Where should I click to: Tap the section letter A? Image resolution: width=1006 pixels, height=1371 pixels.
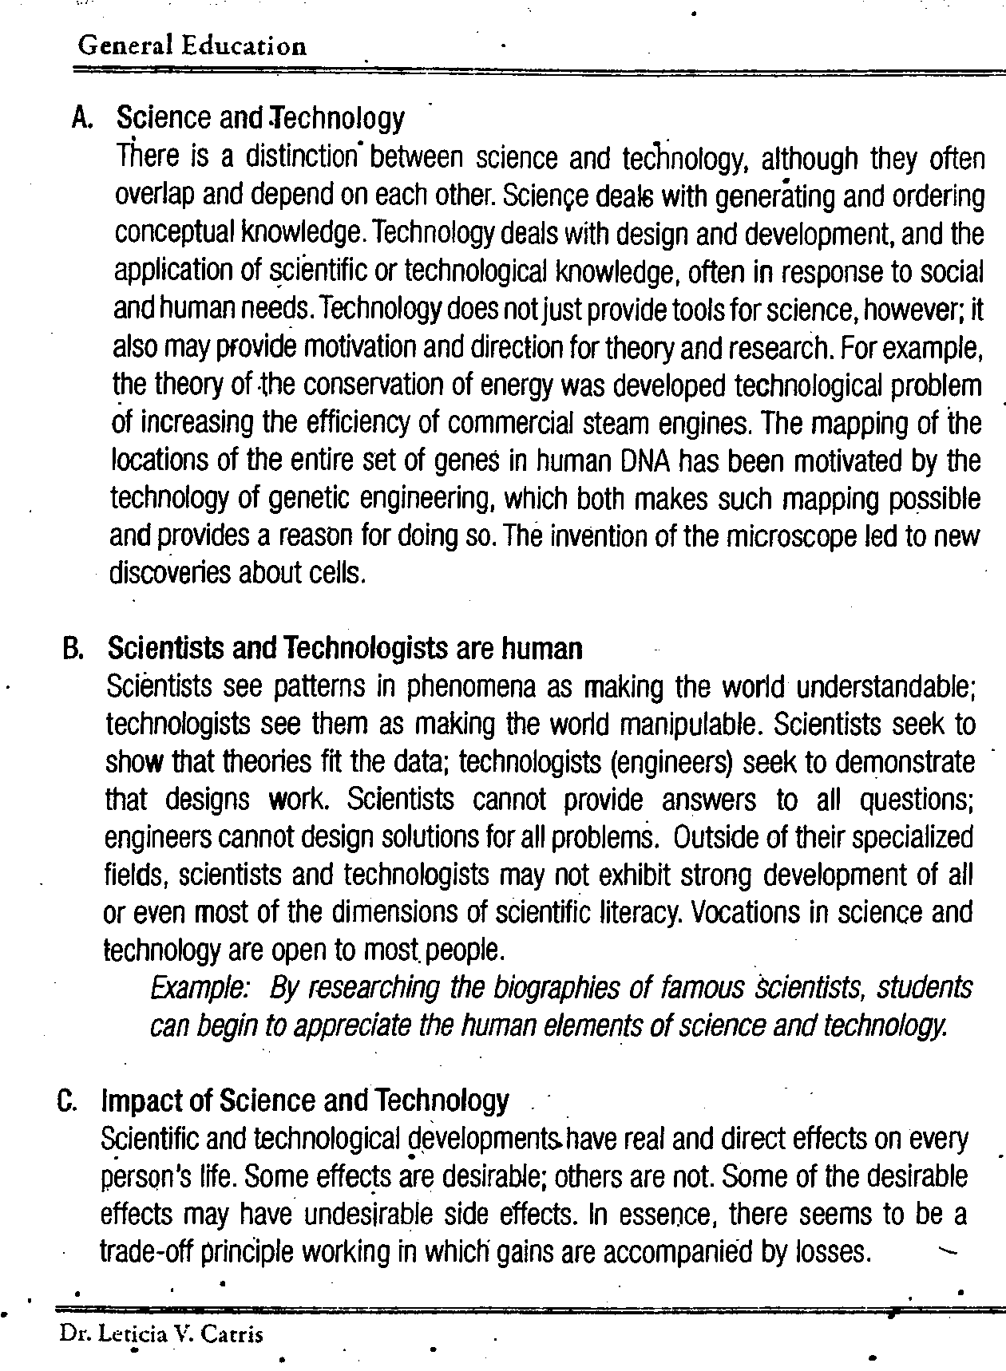click(81, 118)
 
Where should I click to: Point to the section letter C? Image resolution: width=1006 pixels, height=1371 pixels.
click(67, 1101)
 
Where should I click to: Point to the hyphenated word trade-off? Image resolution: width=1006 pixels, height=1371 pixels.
click(145, 1252)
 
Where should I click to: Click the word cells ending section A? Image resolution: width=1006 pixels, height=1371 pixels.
click(336, 573)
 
